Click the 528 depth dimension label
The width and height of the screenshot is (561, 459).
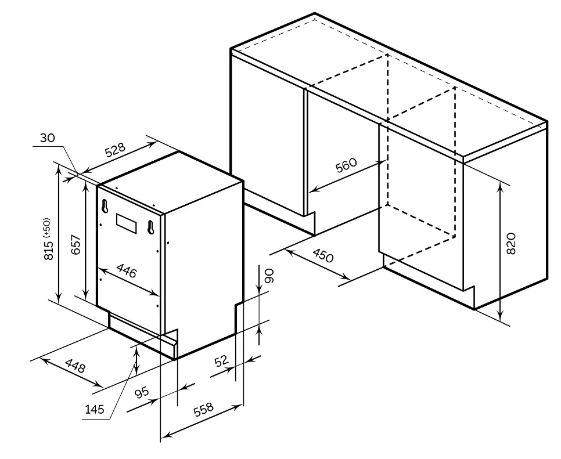(115, 150)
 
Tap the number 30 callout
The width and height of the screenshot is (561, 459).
(48, 138)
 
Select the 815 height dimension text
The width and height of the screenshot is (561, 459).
(49, 248)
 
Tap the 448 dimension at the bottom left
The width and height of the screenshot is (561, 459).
(75, 367)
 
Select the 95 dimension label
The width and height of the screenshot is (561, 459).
(142, 392)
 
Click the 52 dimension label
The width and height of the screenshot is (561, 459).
(222, 362)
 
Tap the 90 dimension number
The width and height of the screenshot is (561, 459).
(268, 276)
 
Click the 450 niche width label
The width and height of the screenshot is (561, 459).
(323, 255)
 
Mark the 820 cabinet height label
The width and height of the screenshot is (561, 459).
(510, 244)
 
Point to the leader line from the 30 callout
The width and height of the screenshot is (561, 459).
(64, 156)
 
